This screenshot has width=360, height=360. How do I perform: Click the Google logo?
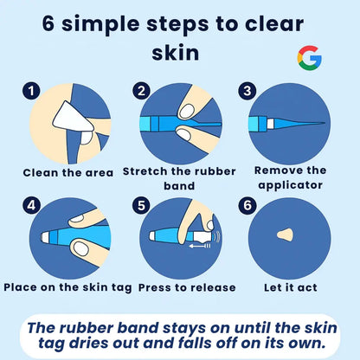tap(308, 57)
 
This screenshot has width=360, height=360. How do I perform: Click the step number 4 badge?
tap(32, 206)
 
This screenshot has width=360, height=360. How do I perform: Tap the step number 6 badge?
tap(249, 206)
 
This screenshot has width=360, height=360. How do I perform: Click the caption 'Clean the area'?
tap(69, 171)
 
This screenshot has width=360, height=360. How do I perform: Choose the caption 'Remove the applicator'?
tap(291, 178)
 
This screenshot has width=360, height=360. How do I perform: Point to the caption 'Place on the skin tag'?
tap(67, 286)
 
